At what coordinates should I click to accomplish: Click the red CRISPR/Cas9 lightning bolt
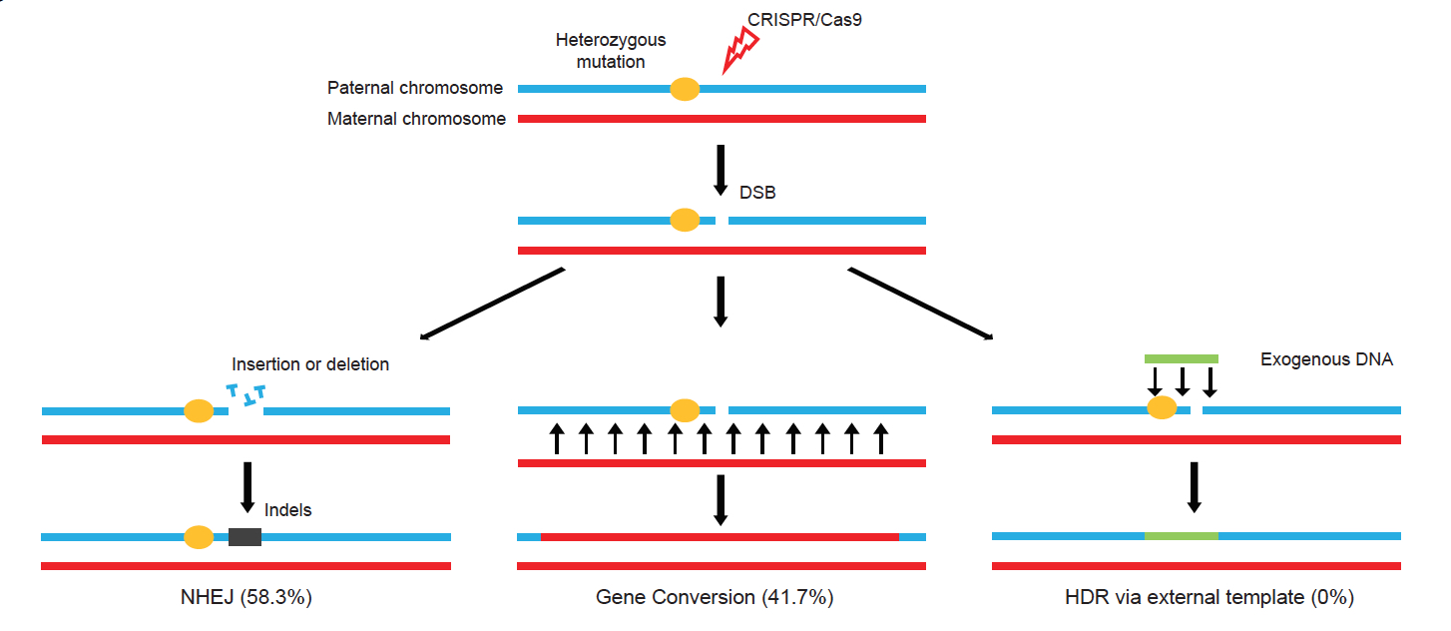[x=739, y=51]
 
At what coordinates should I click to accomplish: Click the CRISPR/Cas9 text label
[x=804, y=18]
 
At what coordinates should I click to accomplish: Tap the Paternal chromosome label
[x=415, y=89]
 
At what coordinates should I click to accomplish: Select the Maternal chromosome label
[x=416, y=119]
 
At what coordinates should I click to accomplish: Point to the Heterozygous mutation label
[x=611, y=51]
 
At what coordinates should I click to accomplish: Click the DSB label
[x=757, y=193]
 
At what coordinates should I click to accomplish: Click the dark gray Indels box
[x=244, y=537]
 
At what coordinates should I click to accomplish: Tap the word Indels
[x=288, y=510]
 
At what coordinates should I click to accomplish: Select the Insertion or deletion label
[x=310, y=364]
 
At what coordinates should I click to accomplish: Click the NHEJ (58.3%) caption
[x=246, y=598]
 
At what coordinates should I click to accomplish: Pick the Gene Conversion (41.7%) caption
[x=715, y=598]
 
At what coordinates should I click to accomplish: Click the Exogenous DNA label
[x=1326, y=359]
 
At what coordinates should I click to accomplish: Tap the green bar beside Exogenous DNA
[x=1181, y=358]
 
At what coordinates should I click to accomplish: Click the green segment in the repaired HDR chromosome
[x=1181, y=536]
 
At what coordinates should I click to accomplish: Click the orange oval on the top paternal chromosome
[x=684, y=89]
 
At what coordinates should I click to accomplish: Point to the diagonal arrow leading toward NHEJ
[x=493, y=304]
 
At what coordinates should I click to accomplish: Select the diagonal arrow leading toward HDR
[x=920, y=304]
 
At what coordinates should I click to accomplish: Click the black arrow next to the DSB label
[x=722, y=172]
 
